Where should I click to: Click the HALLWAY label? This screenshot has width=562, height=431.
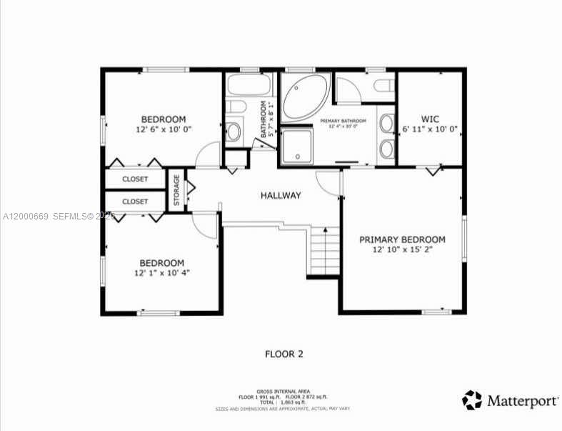point(281,195)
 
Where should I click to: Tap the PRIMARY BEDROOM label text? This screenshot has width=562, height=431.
point(402,239)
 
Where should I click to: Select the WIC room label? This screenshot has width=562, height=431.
point(430,119)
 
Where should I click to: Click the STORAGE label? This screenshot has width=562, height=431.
point(176,189)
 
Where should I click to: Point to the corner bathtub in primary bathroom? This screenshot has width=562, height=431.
point(305,97)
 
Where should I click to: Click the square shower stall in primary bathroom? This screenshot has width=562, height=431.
point(295,147)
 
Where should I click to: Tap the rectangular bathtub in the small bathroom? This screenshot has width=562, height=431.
point(249,87)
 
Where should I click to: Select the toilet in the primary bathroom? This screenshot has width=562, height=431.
point(383,86)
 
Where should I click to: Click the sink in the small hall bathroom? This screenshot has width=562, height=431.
point(234,132)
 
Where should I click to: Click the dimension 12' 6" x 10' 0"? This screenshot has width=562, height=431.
point(164,129)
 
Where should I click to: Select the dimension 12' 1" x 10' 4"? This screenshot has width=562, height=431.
point(161,272)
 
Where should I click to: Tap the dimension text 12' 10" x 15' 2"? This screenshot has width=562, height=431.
point(402,250)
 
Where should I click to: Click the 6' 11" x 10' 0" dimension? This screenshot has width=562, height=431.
point(430,129)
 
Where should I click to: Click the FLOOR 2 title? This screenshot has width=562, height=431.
point(284,354)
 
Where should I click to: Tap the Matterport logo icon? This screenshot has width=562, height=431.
point(471,400)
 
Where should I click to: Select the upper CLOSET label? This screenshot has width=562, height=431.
point(135,179)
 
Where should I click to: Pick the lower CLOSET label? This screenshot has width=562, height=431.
point(135,202)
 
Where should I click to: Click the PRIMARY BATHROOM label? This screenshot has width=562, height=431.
point(343,121)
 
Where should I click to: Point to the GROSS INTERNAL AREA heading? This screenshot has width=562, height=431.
point(283,391)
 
